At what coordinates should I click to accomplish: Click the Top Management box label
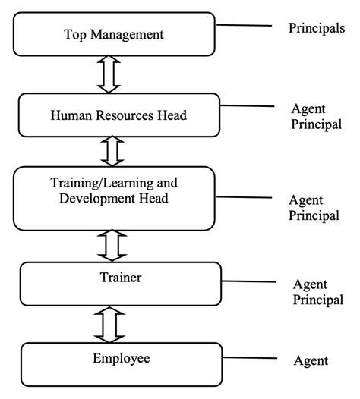tap(114, 35)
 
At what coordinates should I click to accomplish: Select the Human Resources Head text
tap(118, 115)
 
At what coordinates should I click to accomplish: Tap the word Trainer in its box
tap(121, 278)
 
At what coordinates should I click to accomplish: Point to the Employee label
tap(122, 359)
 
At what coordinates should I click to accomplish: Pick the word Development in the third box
tap(96, 199)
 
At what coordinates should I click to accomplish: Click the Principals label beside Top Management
tap(317, 28)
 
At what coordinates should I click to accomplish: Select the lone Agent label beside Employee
tap(311, 361)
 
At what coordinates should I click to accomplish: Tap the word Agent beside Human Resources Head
tap(308, 109)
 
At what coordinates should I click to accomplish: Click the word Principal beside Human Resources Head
tap(317, 124)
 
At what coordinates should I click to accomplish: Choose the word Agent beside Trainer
tap(310, 284)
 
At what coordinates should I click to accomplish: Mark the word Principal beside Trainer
tap(318, 300)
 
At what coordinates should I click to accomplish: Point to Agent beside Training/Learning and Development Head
tap(306, 200)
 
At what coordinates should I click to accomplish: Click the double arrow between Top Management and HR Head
tap(109, 74)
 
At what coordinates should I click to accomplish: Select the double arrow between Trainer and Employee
tap(109, 325)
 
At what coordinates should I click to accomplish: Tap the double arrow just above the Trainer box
tap(112, 246)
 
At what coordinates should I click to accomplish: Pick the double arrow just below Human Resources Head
tap(112, 151)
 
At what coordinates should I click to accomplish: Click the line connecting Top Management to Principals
tap(244, 25)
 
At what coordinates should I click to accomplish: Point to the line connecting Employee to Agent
tap(250, 358)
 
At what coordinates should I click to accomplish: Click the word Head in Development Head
tap(153, 198)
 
